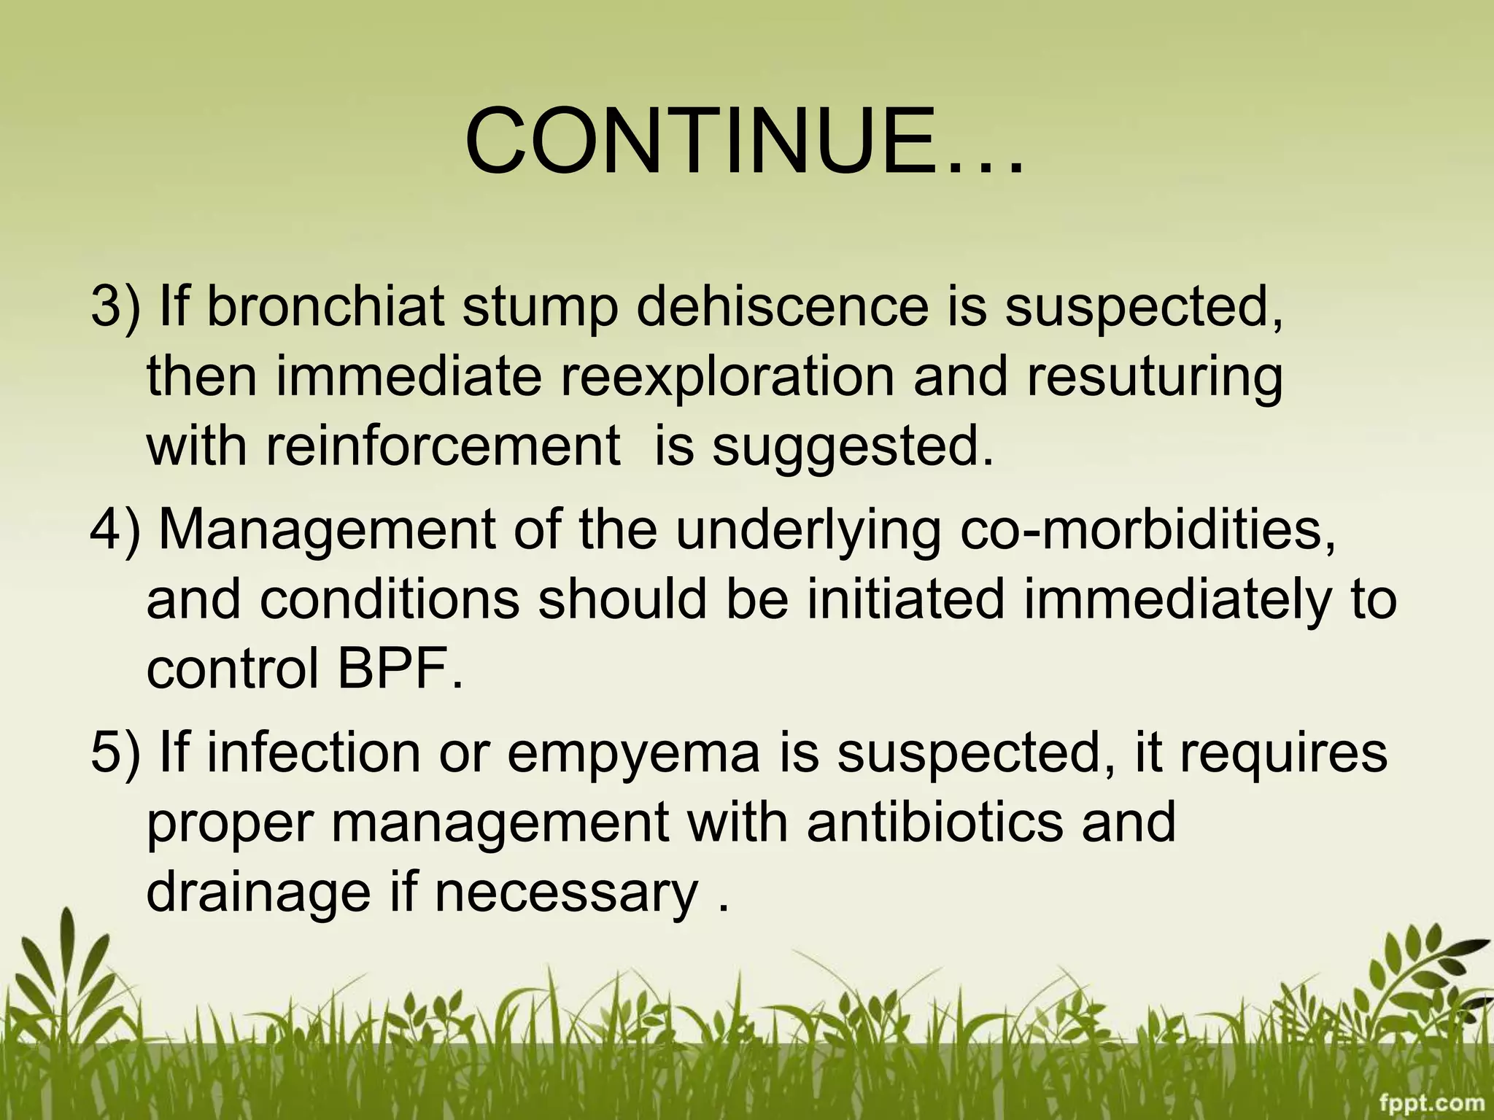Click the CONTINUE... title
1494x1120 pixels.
(x=744, y=142)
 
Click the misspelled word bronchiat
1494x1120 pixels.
(x=325, y=306)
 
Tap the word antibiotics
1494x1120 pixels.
(x=934, y=822)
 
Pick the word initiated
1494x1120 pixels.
(x=905, y=599)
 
